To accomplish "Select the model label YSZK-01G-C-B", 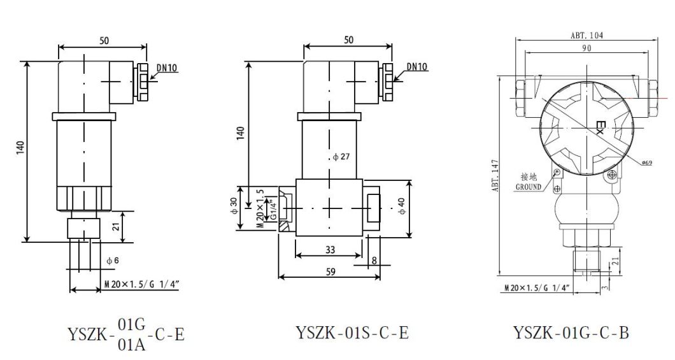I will click(571, 333).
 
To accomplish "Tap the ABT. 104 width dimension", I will click(586, 36).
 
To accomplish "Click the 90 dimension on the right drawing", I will click(586, 48).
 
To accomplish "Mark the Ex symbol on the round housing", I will click(599, 127).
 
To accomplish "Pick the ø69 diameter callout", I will click(646, 163).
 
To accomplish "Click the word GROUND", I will click(529, 187).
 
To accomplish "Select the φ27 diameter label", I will click(341, 157).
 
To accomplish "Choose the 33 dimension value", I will click(330, 250).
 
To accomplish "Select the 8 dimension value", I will click(374, 260).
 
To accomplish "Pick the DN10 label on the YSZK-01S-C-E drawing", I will click(417, 67).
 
